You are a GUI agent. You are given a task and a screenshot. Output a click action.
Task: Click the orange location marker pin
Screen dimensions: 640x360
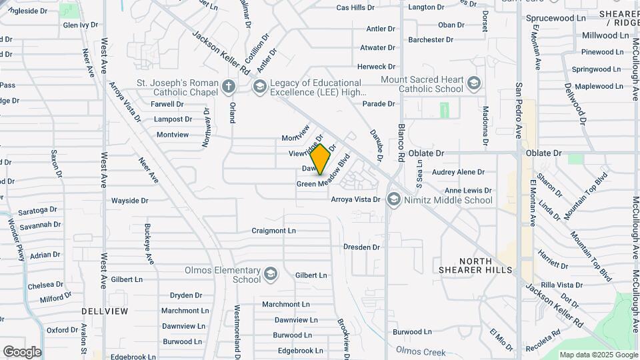[320, 159]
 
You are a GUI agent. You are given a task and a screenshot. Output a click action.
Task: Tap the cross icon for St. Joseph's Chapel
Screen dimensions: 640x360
[229, 86]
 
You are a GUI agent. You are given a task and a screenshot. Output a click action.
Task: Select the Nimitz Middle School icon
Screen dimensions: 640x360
[394, 199]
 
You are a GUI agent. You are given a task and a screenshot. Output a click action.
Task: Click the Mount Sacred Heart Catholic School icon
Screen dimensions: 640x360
[474, 83]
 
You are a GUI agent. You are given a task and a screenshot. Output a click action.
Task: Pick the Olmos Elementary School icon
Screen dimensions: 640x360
[271, 274]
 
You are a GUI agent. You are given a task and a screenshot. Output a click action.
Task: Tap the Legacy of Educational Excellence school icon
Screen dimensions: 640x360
[259, 86]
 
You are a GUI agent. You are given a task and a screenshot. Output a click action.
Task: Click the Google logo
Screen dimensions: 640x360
[22, 351]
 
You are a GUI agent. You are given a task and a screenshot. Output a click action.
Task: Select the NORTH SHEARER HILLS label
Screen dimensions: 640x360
[476, 265]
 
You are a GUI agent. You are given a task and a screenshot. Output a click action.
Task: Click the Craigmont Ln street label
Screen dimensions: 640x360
[273, 231]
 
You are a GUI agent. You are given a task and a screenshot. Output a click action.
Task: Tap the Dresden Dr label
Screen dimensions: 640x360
[361, 247]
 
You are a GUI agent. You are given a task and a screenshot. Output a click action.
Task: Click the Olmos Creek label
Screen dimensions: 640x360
[421, 351]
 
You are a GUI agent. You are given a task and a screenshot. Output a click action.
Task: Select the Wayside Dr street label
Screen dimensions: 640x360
[129, 200]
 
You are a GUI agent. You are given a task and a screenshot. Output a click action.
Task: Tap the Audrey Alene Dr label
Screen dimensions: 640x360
[458, 172]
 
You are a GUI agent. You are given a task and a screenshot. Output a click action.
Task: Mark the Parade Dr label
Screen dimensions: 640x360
[379, 103]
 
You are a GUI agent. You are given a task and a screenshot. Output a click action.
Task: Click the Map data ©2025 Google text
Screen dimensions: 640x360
[599, 355]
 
